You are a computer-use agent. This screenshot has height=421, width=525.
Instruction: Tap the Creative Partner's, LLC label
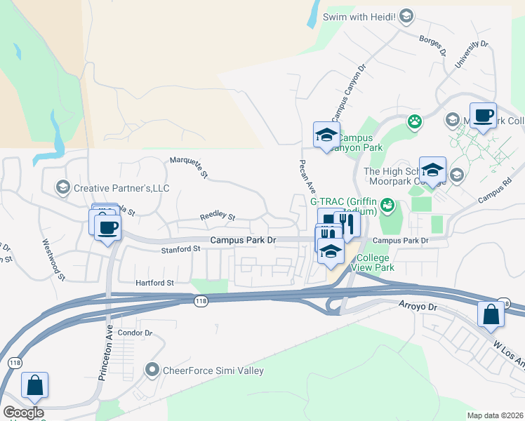coord(121,188)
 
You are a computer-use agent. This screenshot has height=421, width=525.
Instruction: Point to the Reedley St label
coord(218,217)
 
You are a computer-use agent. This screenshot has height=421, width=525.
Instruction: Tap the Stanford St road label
coord(181,250)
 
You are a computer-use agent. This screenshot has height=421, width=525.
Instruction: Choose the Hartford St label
coord(154,283)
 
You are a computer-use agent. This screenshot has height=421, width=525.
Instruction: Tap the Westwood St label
coord(53,260)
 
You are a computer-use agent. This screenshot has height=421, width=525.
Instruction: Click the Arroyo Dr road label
coord(418,306)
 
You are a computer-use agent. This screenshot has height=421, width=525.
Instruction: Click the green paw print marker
coord(415,121)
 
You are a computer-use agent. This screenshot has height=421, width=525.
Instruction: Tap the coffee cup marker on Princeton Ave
coord(107,227)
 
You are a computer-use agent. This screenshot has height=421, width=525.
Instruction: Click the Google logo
coord(23,413)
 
